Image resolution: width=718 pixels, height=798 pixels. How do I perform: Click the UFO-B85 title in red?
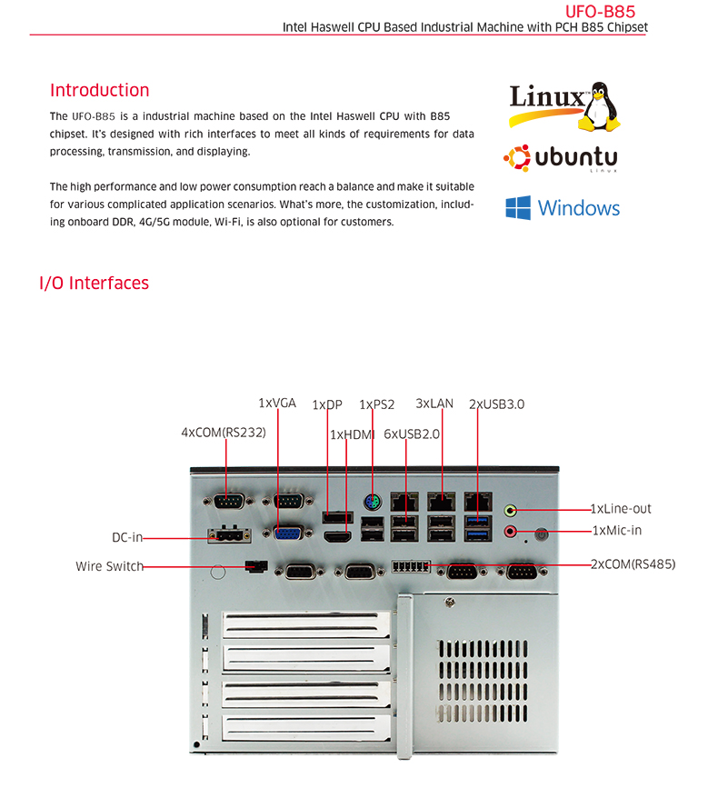point(600,11)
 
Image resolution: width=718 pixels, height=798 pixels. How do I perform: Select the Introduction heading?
point(100,90)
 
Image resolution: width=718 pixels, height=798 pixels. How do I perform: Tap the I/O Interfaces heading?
point(95,283)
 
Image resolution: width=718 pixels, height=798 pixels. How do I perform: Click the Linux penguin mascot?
point(600,106)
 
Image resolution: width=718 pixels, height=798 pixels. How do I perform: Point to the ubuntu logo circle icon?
point(517,158)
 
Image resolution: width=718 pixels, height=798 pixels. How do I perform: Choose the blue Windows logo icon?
point(518,207)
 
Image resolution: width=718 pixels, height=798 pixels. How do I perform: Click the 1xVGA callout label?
point(277,403)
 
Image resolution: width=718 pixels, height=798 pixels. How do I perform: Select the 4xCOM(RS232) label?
point(224,433)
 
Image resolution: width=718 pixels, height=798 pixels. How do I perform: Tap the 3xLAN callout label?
point(434,404)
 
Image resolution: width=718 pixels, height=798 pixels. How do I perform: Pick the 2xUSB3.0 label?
point(496,404)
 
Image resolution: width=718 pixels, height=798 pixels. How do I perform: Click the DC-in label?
point(127,537)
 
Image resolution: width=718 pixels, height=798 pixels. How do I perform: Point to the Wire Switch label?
point(109,566)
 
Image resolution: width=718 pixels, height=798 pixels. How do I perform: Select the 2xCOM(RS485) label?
point(633,564)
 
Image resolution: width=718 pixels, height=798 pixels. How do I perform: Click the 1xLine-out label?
point(621,508)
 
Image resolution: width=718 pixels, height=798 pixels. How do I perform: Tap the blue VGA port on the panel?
point(288,534)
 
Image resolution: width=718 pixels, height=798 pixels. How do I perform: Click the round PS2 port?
point(373,504)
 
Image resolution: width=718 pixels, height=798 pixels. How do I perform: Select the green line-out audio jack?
point(511,510)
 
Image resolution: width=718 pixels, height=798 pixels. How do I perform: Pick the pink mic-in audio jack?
point(511,532)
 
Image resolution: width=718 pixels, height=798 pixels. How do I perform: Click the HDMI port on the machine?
point(338,536)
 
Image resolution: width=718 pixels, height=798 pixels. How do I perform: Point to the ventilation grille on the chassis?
point(483,681)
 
